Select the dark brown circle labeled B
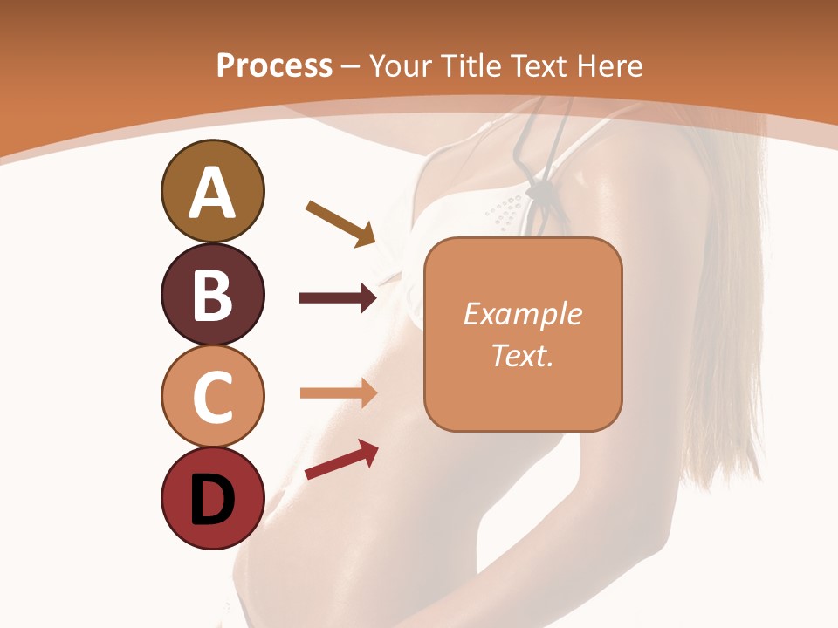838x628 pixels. pyautogui.click(x=212, y=295)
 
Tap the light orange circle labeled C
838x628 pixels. pyautogui.click(x=212, y=396)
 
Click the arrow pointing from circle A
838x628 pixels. pyautogui.click(x=340, y=223)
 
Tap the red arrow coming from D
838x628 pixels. pyautogui.click(x=341, y=460)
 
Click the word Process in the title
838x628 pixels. pyautogui.click(x=274, y=65)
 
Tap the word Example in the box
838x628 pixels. pyautogui.click(x=522, y=314)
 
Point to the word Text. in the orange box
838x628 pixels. pyautogui.click(x=522, y=355)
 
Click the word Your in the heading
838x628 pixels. pyautogui.click(x=401, y=65)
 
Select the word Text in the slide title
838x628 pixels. pyautogui.click(x=540, y=65)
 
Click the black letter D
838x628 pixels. pyautogui.click(x=212, y=502)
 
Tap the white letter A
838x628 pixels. pyautogui.click(x=212, y=194)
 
